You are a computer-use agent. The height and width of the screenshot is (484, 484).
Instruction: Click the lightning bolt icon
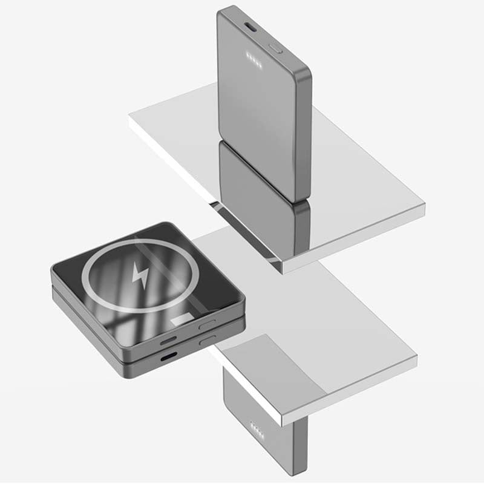[x=140, y=275]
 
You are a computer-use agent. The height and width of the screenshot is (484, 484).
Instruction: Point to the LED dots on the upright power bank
[x=253, y=59]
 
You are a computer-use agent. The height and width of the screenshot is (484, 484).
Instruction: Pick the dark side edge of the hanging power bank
[x=301, y=448]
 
